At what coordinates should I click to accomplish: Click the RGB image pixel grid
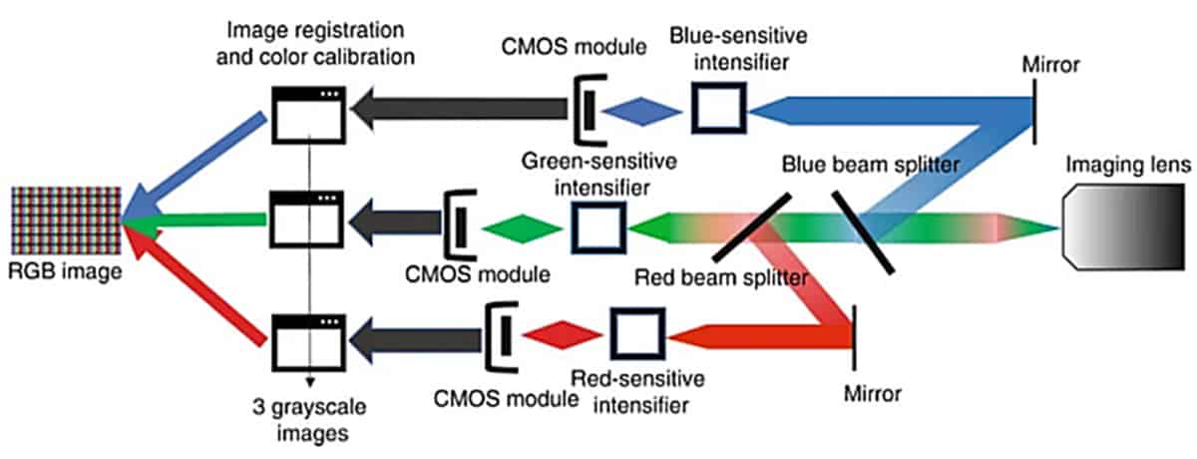66,221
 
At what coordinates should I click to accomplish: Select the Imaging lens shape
1123,227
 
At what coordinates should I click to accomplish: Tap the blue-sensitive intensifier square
718,108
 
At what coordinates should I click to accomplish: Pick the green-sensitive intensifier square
598,228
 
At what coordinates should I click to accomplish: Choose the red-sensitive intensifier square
638,333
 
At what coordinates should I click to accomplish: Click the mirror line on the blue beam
1034,112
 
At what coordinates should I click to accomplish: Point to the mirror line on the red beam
855,337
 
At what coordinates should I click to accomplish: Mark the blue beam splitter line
863,232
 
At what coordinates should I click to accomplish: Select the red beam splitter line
752,228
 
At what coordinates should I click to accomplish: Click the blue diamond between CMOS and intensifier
641,112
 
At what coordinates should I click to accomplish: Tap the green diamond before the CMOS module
522,229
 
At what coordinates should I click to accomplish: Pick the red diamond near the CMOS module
563,335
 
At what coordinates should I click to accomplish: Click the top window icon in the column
308,115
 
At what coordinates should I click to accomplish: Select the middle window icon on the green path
307,220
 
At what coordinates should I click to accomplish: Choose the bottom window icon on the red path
308,342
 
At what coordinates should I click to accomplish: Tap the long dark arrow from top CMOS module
460,109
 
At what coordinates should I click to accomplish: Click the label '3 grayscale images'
309,420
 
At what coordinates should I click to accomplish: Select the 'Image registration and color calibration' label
315,43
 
